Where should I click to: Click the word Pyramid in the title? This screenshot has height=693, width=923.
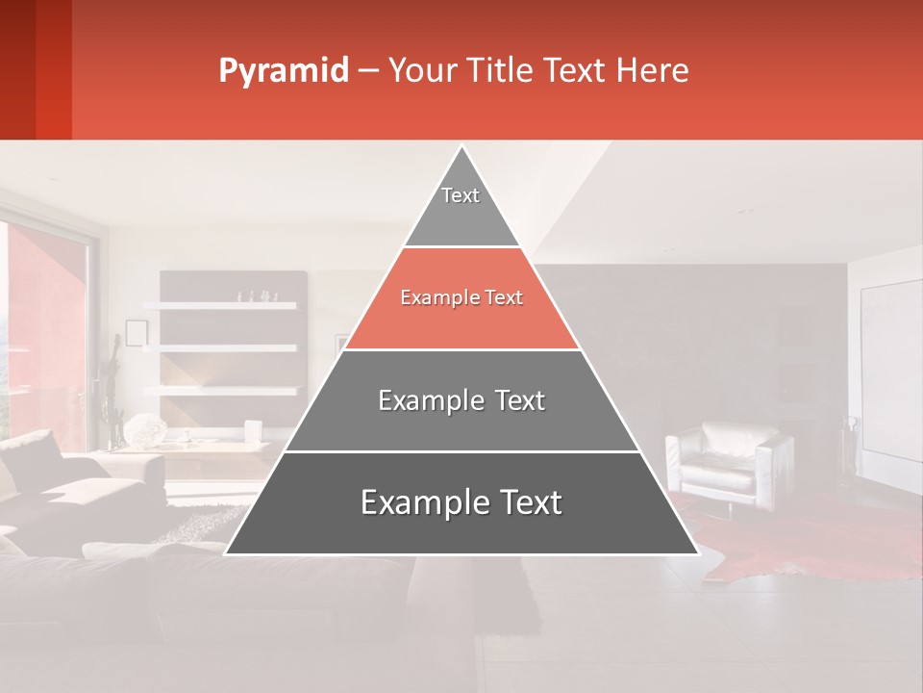[x=283, y=71]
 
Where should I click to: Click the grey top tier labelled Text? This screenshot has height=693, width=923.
[x=461, y=207]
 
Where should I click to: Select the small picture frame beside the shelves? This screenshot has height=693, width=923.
[x=136, y=333]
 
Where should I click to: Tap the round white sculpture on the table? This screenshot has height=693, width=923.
[x=145, y=430]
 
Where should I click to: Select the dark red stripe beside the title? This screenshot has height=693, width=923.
[x=53, y=69]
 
